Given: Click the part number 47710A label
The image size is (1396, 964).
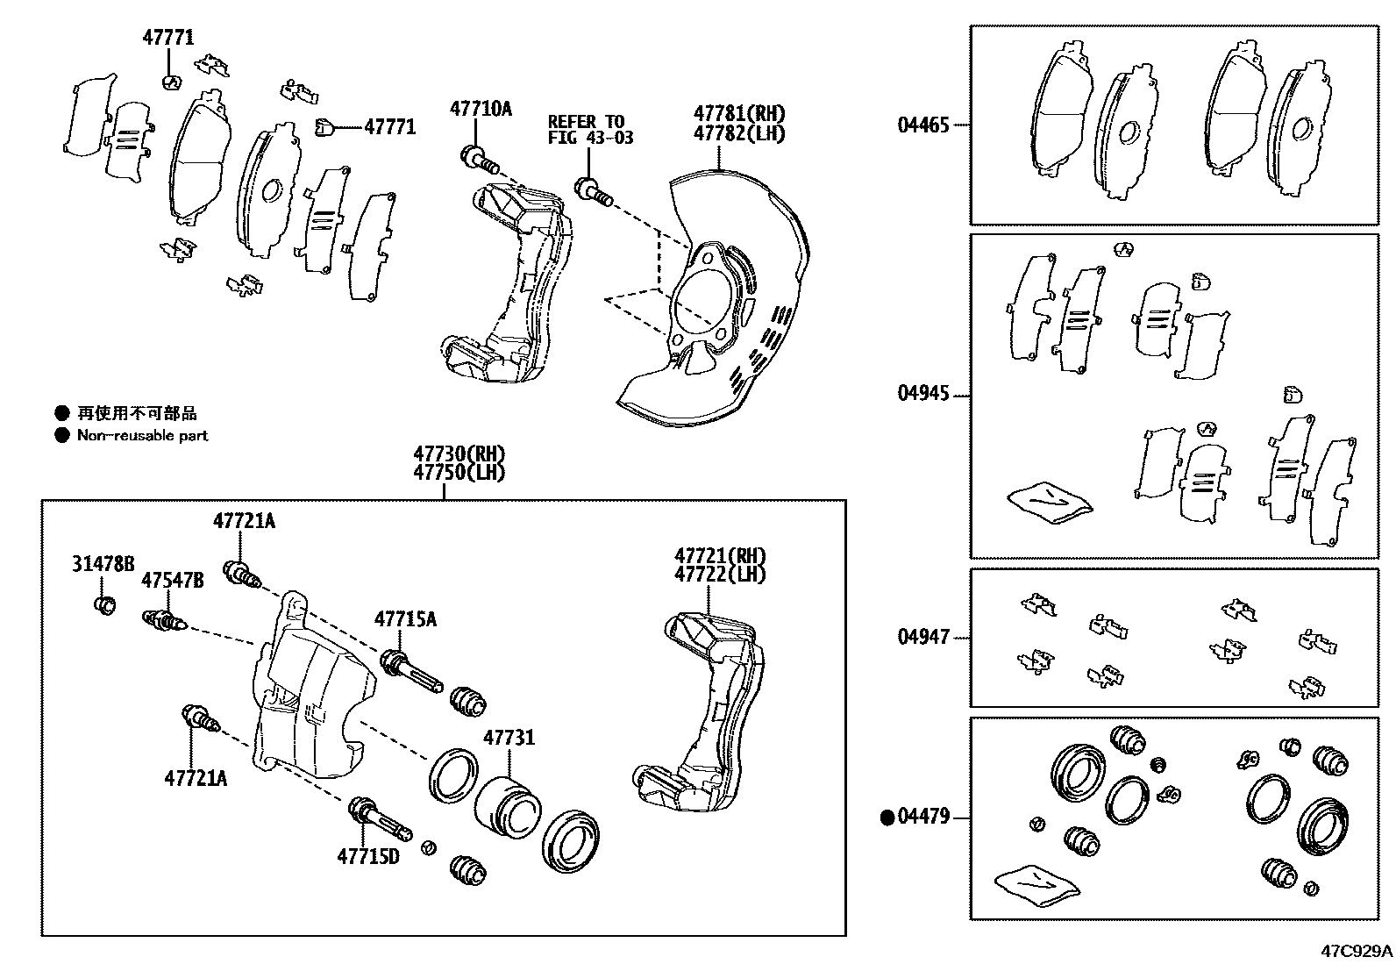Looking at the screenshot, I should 480,109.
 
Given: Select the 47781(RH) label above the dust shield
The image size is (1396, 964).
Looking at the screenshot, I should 739,113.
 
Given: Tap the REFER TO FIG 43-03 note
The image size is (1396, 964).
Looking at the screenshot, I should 590,129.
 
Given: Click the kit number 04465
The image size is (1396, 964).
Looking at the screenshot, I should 922,125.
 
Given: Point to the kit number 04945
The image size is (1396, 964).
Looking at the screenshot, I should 922,393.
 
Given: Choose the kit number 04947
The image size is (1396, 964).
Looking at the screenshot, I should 922,637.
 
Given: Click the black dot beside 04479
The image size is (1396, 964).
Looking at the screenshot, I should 887,818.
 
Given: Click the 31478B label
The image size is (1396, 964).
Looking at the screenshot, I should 103,564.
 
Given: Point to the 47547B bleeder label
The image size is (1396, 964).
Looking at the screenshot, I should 173,580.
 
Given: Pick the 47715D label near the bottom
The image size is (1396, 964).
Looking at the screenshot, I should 368,855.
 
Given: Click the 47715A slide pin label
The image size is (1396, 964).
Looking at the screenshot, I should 405,618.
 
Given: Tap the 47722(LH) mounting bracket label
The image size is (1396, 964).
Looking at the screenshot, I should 719,575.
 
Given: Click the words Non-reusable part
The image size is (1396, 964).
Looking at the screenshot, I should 142,435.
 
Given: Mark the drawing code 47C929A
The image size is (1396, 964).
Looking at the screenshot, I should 1357,950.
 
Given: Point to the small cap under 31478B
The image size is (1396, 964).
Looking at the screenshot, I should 103,604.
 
